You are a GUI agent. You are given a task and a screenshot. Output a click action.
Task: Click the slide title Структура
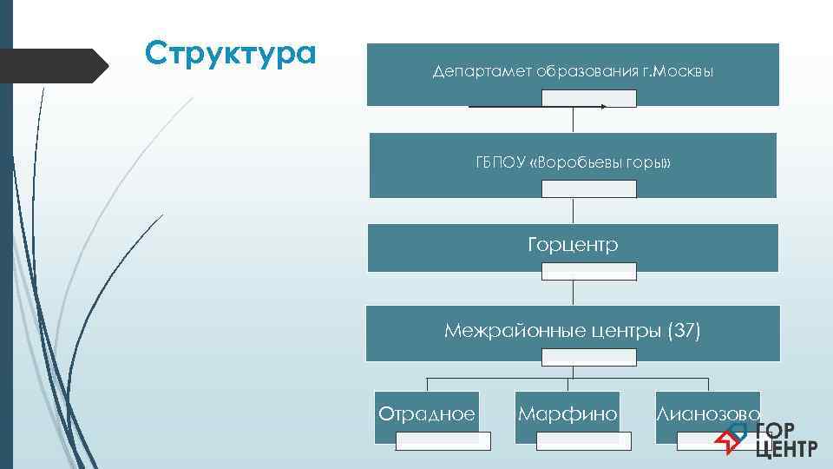230,54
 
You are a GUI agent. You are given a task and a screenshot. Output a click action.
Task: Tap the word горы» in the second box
650,163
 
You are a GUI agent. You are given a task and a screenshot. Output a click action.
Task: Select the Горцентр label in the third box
573,245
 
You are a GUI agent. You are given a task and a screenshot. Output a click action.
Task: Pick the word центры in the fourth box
617,330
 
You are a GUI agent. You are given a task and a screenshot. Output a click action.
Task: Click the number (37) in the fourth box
683,330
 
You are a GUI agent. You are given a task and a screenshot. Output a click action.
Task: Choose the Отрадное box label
427,414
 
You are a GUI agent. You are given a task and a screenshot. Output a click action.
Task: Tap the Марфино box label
567,414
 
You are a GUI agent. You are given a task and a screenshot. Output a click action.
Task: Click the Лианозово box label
708,414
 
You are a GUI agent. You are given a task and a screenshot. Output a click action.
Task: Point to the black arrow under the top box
538,106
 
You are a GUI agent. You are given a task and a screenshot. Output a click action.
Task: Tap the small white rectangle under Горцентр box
589,272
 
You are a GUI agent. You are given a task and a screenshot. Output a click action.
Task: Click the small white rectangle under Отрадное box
443,441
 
